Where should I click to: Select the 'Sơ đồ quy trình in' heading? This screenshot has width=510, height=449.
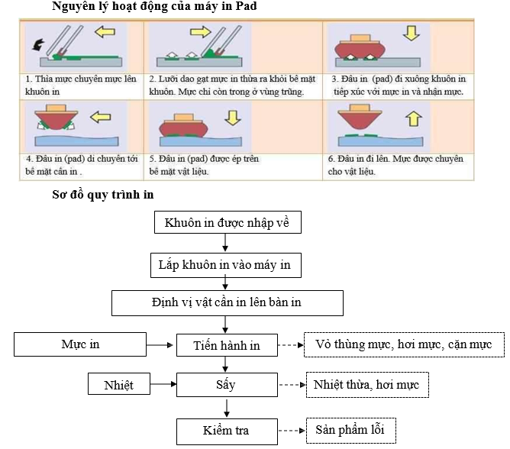click(102, 195)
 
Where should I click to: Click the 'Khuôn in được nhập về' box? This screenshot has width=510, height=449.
click(227, 223)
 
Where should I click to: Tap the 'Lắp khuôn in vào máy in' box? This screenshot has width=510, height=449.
click(226, 265)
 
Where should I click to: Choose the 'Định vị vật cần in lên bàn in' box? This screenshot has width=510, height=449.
click(226, 302)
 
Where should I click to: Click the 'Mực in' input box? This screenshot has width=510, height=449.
click(81, 344)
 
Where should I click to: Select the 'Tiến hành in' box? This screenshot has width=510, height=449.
click(226, 345)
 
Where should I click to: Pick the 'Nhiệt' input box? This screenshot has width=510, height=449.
click(118, 384)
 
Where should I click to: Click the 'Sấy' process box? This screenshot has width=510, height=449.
click(226, 384)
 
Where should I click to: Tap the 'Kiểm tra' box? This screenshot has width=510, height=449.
click(226, 431)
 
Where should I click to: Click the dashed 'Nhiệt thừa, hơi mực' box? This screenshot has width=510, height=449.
click(366, 384)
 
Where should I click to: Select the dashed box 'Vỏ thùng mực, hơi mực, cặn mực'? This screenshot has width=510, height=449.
click(404, 345)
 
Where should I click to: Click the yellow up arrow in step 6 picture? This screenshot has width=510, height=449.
click(411, 118)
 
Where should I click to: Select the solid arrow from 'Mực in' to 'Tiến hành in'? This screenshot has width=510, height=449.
click(162, 345)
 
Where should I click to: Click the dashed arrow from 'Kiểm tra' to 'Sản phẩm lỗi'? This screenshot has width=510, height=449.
click(289, 431)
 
